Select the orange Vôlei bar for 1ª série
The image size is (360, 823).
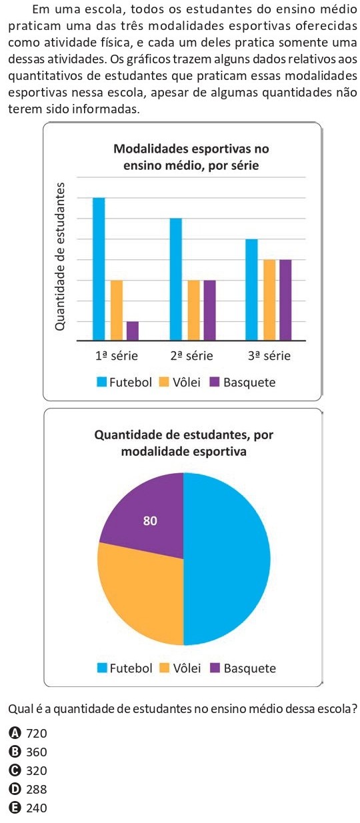click(117, 310)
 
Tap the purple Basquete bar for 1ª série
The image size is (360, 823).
click(133, 331)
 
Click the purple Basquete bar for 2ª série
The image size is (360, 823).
click(209, 310)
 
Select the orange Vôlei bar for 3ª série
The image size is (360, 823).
click(269, 299)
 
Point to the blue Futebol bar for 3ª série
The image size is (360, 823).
click(251, 289)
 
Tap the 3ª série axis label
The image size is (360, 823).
click(269, 356)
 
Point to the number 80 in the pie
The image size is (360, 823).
click(151, 521)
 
